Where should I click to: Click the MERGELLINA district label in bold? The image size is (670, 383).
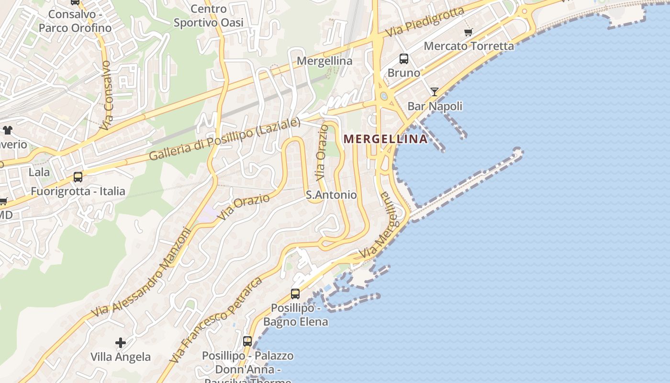pos(385,139)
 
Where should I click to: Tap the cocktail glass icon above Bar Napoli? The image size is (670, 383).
pos(434,92)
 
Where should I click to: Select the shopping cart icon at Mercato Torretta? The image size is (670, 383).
pos(468,33)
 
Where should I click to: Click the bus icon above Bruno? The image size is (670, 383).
pos(404,59)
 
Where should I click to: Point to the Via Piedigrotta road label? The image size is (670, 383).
pos(425,22)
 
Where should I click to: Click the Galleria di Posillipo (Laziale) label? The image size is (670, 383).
pos(224,139)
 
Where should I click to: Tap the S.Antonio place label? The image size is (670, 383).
pos(331,195)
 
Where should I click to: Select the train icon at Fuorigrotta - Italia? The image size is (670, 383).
pos(78,177)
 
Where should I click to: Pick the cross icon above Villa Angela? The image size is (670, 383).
pos(121,343)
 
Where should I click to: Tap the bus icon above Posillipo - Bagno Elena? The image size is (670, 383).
pos(295,293)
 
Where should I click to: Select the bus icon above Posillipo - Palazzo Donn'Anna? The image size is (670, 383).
pos(247,341)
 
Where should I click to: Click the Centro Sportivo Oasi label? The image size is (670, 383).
pos(209,16)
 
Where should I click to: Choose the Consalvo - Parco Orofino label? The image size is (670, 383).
pos(75,21)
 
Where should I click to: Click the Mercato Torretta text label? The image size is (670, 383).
pos(469,46)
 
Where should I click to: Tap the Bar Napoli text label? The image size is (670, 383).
pos(435,106)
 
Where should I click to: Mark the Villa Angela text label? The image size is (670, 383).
pos(121,357)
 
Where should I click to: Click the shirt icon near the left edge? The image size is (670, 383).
pos(7,130)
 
